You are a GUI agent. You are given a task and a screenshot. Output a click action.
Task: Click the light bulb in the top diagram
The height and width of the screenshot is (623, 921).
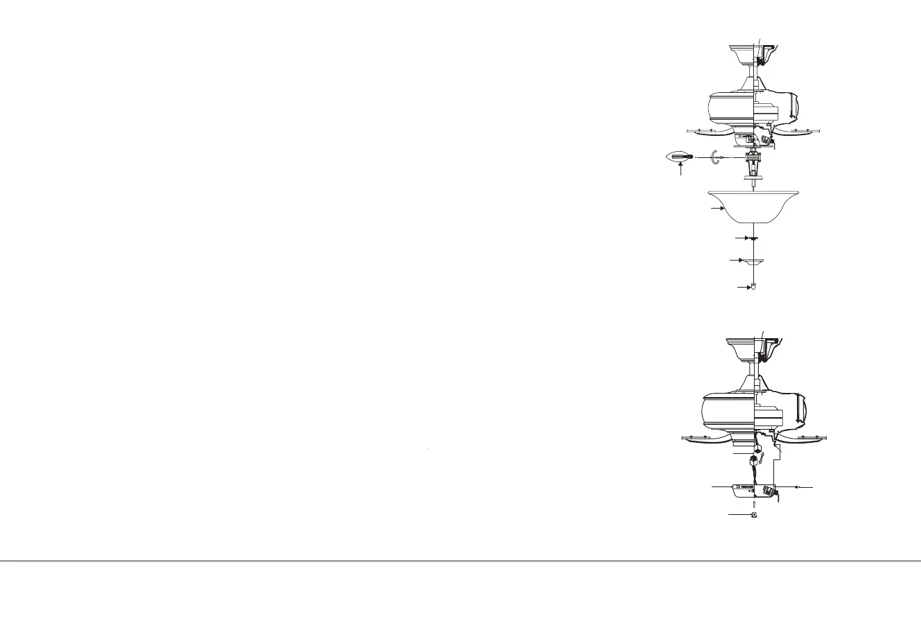[194, 158]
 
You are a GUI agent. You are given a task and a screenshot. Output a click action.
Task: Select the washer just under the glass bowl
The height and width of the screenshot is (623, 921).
[752, 238]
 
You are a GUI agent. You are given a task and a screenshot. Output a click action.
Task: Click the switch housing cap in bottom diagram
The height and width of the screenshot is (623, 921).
[745, 491]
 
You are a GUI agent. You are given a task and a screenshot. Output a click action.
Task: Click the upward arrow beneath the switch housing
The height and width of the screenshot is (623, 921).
[753, 504]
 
